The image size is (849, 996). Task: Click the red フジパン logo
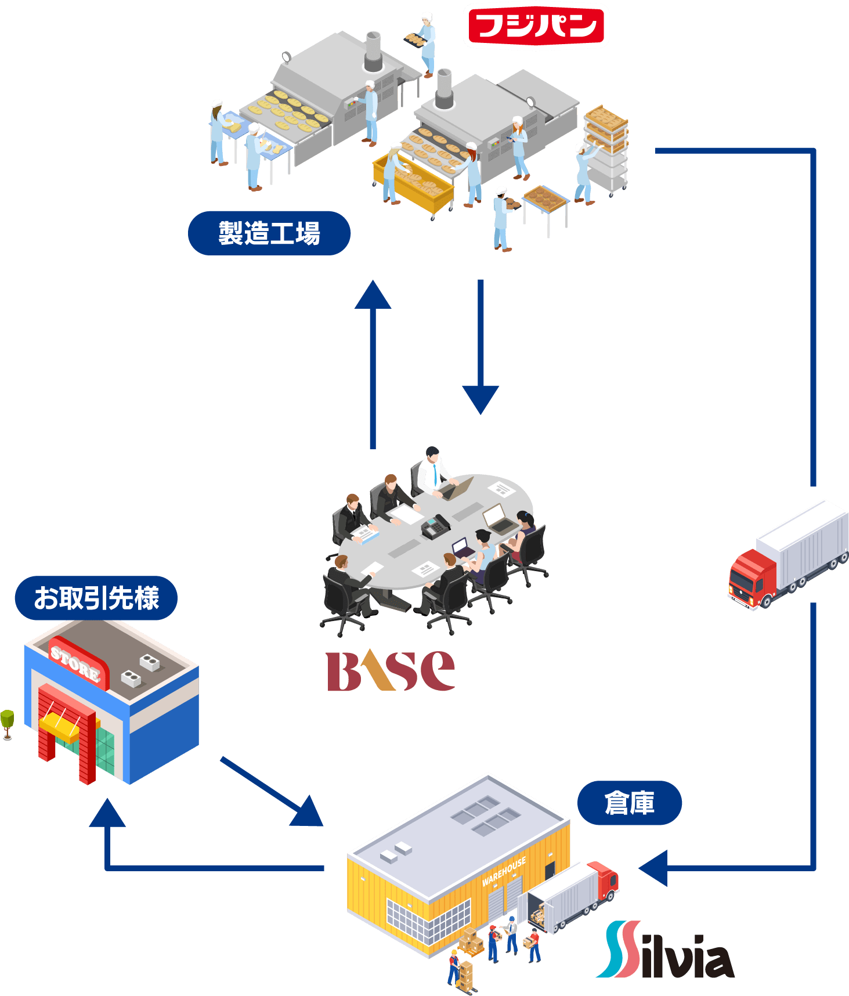pyautogui.click(x=536, y=26)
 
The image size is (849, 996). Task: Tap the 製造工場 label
pyautogui.click(x=269, y=233)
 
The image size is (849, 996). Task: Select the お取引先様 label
pyautogui.click(x=96, y=598)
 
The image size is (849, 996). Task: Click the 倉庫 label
pyautogui.click(x=630, y=803)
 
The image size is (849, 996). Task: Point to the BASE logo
pyautogui.click(x=391, y=671)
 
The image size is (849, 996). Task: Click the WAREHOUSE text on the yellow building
pyautogui.click(x=504, y=872)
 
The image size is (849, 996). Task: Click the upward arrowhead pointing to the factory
pyautogui.click(x=373, y=295)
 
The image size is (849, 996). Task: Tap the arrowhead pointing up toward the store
pyautogui.click(x=107, y=813)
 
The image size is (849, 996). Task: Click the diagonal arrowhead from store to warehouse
pyautogui.click(x=308, y=813)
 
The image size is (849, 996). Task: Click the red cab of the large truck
pyautogui.click(x=752, y=578)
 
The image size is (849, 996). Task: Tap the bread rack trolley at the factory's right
pyautogui.click(x=606, y=148)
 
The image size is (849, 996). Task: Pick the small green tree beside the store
pyautogui.click(x=7, y=723)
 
